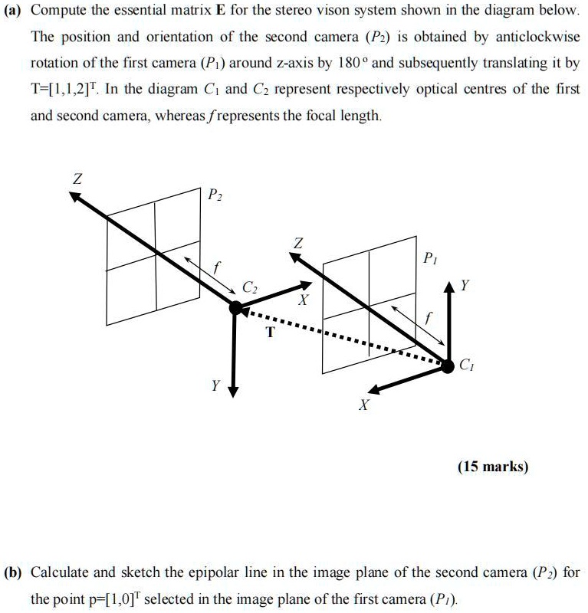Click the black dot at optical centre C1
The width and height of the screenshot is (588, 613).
pyautogui.click(x=447, y=366)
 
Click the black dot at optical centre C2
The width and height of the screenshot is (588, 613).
pyautogui.click(x=235, y=308)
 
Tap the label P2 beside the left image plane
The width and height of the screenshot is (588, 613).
pyautogui.click(x=215, y=195)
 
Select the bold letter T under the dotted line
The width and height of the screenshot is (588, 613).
pyautogui.click(x=269, y=332)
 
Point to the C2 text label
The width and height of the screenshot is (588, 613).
pyautogui.click(x=250, y=288)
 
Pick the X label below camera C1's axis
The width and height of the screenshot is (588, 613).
pyautogui.click(x=364, y=405)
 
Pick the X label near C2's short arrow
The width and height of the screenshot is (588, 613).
pyautogui.click(x=304, y=301)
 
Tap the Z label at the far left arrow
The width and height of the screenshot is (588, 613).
pyautogui.click(x=76, y=179)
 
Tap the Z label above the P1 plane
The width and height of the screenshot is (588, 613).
pyautogui.click(x=298, y=243)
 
